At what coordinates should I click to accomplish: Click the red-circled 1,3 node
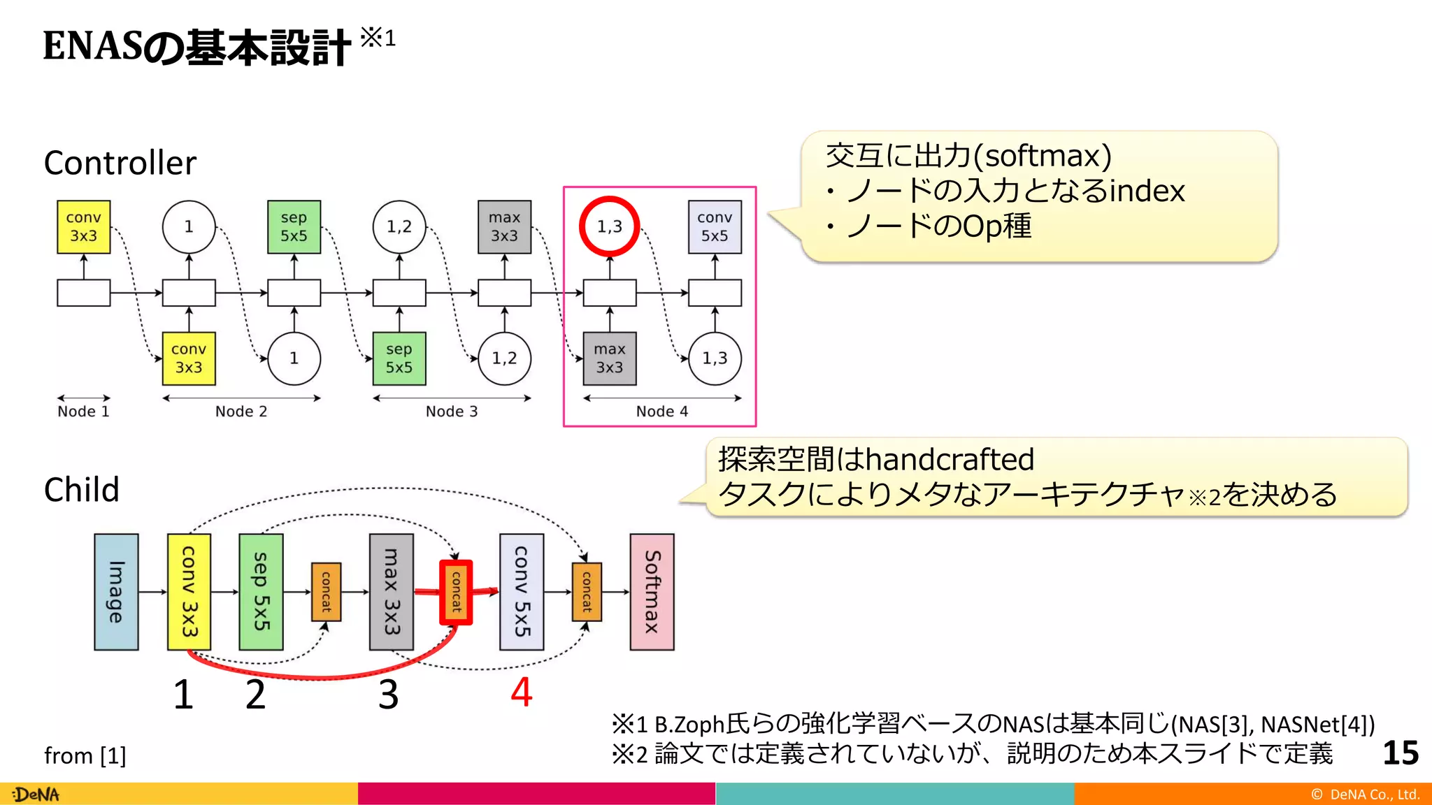pyautogui.click(x=609, y=226)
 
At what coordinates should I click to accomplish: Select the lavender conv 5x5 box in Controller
pyautogui.click(x=714, y=226)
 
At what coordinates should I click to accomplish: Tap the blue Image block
pyautogui.click(x=116, y=592)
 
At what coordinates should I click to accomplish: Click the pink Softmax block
pyautogui.click(x=652, y=592)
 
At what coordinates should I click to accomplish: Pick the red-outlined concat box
pyautogui.click(x=456, y=592)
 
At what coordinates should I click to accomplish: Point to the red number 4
pyautogui.click(x=522, y=692)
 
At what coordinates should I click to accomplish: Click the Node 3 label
pyautogui.click(x=452, y=412)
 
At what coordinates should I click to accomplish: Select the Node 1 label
pyautogui.click(x=83, y=412)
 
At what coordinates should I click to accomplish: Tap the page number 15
pyautogui.click(x=1400, y=753)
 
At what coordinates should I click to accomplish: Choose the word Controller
pyautogui.click(x=120, y=163)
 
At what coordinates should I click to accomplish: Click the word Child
pyautogui.click(x=81, y=490)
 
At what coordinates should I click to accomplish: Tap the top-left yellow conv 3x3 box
pyautogui.click(x=83, y=226)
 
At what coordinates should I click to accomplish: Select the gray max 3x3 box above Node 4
pyautogui.click(x=610, y=358)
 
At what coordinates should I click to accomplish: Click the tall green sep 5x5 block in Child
pyautogui.click(x=261, y=592)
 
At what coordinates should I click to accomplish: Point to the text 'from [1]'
pyautogui.click(x=85, y=755)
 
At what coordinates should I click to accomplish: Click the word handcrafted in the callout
pyautogui.click(x=950, y=460)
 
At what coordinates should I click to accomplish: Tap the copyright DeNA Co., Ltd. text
pyautogui.click(x=1365, y=795)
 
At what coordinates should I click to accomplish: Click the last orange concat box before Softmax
pyautogui.click(x=587, y=592)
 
